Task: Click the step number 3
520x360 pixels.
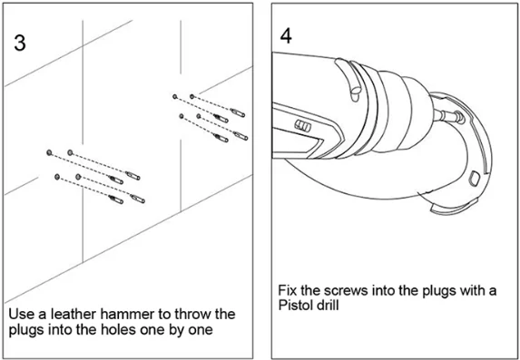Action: pos(20,43)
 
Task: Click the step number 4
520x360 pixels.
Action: pos(286,35)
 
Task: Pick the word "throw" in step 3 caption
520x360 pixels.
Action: pos(193,314)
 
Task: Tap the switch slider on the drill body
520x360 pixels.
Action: pos(303,126)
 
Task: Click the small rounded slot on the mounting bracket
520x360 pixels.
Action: pos(475,178)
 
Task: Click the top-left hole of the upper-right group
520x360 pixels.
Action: pos(175,96)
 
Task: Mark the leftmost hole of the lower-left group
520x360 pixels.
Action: pos(49,152)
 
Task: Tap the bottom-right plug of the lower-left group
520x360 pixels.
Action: pos(138,199)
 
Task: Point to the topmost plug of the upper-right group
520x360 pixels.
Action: pos(238,112)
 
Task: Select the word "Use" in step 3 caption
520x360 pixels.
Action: pos(20,314)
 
